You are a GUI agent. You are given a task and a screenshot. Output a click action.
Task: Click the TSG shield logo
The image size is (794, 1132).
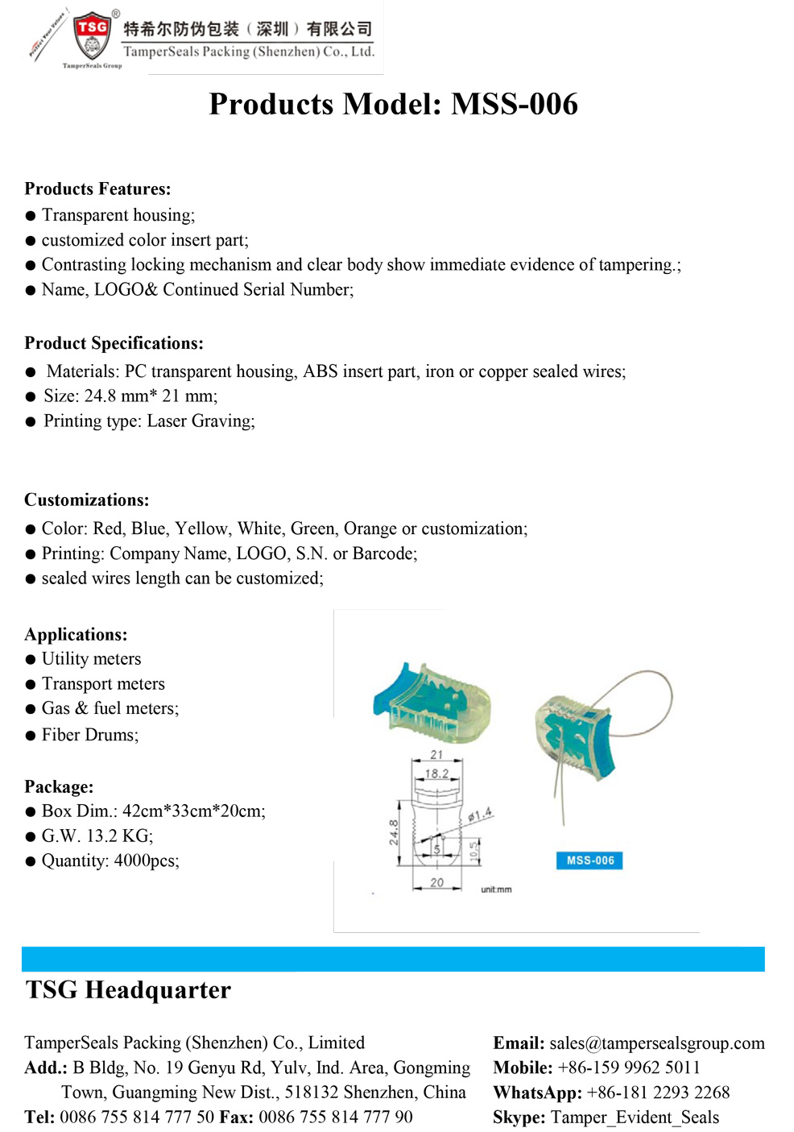pos(93,36)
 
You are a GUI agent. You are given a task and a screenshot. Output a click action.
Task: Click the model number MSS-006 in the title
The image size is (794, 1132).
pos(514,105)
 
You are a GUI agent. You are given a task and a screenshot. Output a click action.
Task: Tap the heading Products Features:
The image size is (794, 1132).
pos(97,189)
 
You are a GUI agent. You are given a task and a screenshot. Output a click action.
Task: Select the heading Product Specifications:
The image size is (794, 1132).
pos(114,343)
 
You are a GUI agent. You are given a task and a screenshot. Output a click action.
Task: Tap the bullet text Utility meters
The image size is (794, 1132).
pos(91,659)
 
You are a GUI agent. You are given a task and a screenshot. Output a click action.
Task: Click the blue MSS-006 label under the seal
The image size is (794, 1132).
pos(589,860)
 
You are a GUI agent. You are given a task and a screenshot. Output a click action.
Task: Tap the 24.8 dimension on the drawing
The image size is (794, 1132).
pos(394,832)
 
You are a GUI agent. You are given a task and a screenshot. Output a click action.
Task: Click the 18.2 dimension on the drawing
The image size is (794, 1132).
pos(436,773)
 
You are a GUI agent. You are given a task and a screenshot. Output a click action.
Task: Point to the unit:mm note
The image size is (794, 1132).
pos(496,889)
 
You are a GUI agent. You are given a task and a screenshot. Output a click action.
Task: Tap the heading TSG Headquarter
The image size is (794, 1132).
pos(128,990)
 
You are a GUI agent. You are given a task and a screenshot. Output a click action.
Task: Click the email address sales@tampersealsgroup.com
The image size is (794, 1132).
pos(656,1044)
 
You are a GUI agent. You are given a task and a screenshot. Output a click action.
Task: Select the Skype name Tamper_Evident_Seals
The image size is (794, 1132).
pos(635,1117)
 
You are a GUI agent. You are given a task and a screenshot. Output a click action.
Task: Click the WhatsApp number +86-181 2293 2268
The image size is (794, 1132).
pos(658,1093)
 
